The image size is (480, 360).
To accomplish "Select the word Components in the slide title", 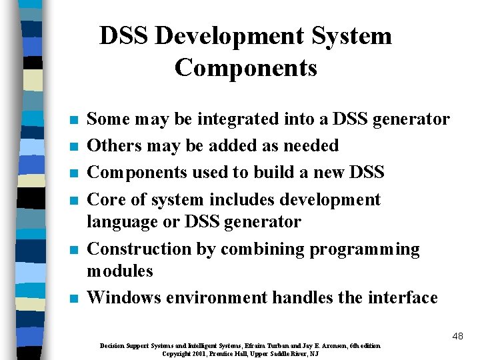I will pos(245,67).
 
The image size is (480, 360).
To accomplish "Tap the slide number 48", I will pos(457,336).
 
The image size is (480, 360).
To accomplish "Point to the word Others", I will pos(112,145).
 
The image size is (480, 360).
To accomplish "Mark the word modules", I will pos(120,271).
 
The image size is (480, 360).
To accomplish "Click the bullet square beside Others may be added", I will pos(74,147).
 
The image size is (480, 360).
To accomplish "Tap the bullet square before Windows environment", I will pos(74,299).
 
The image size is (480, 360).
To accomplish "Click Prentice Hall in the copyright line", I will pos(231,353).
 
